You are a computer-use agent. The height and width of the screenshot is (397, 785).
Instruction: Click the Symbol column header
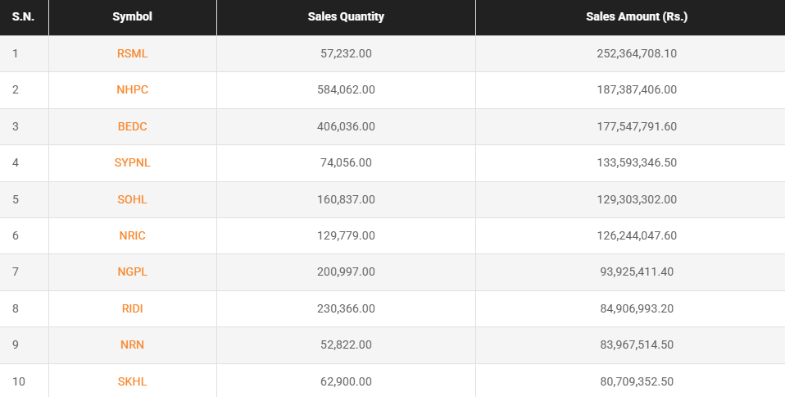[133, 16]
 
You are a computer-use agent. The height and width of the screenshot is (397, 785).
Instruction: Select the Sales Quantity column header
[346, 16]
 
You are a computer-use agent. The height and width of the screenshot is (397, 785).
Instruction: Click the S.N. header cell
[23, 16]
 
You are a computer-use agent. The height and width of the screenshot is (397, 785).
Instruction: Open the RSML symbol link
[133, 53]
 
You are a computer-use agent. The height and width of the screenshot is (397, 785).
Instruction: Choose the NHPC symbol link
[133, 89]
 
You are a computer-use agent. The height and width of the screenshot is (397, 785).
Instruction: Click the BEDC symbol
[133, 126]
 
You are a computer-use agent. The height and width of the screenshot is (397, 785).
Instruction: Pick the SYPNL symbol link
[133, 162]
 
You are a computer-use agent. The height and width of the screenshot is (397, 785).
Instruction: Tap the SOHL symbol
[133, 199]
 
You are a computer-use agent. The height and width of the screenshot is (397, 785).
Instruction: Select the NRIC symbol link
[133, 235]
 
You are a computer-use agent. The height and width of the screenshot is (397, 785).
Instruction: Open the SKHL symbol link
[133, 381]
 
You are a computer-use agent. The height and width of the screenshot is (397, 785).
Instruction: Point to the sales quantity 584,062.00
[346, 89]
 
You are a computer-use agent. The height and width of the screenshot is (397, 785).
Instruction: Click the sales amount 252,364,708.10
[637, 53]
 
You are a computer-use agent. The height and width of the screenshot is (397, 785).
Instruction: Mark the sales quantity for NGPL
[346, 272]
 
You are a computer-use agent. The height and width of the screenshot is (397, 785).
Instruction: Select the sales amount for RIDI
[637, 308]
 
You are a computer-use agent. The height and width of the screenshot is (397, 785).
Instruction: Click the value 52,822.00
[346, 345]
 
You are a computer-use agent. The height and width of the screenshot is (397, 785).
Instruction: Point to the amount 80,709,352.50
[637, 381]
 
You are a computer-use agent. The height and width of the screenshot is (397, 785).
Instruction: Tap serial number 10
[18, 381]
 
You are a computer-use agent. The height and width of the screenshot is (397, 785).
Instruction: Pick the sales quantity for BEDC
[346, 126]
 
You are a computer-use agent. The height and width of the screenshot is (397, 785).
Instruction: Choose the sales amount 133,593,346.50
[637, 162]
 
